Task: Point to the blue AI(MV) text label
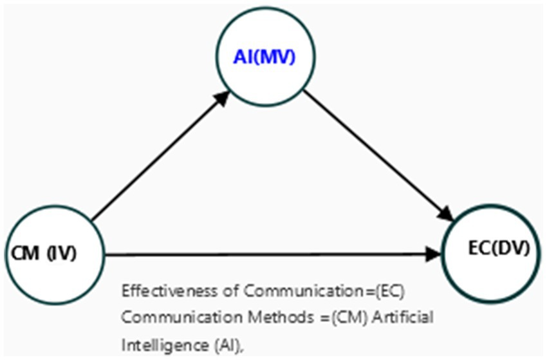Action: [263, 58]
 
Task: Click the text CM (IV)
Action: [44, 254]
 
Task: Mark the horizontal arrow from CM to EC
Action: [270, 255]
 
